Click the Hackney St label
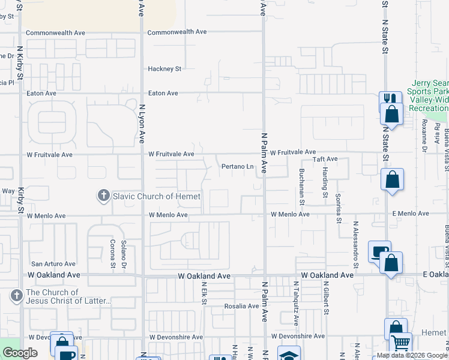pyautogui.click(x=164, y=69)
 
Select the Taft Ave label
pyautogui.click(x=324, y=159)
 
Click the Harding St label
pyautogui.click(x=325, y=183)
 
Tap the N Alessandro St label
pyautogui.click(x=355, y=240)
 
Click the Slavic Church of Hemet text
pyautogui.click(x=155, y=196)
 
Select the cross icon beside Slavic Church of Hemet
pyautogui.click(x=103, y=196)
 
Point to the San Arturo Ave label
pyautogui.click(x=53, y=263)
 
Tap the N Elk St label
pyautogui.click(x=204, y=293)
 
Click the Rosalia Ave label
pyautogui.click(x=241, y=306)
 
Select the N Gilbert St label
pyautogui.click(x=327, y=298)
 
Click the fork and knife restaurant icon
pyautogui.click(x=390, y=99)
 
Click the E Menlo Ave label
pyautogui.click(x=411, y=214)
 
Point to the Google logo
pyautogui.click(x=20, y=353)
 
